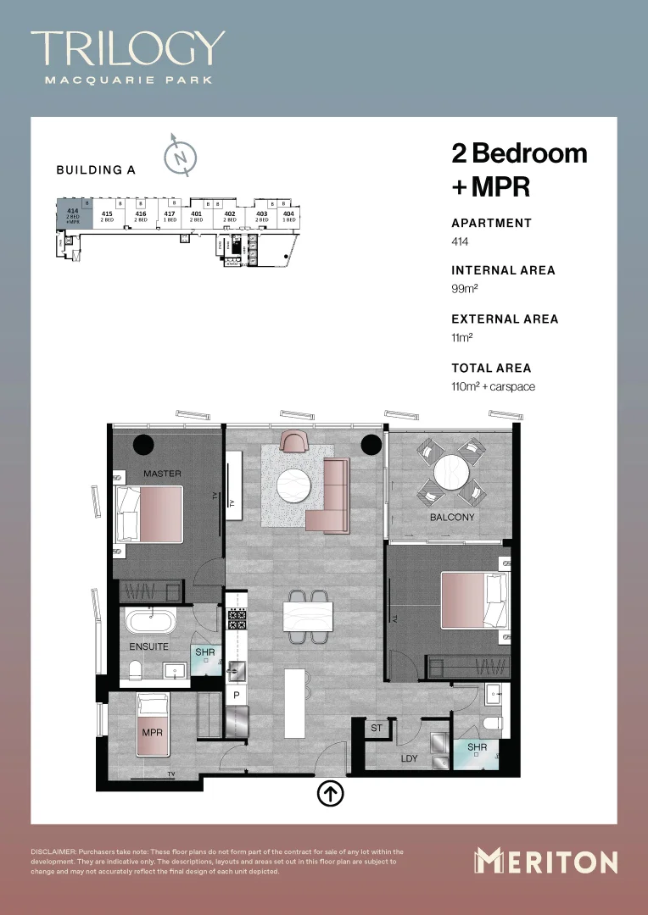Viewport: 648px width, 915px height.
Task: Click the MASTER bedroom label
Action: [x=162, y=474]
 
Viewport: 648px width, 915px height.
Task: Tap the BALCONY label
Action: [x=452, y=517]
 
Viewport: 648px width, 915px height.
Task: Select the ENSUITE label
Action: [x=149, y=646]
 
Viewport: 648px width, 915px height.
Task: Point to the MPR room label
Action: [x=153, y=731]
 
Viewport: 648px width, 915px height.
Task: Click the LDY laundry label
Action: [x=410, y=758]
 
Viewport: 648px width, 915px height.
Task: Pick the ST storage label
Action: [x=377, y=728]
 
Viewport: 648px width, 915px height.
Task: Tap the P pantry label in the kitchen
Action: [x=236, y=695]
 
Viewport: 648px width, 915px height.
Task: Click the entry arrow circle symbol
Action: [x=330, y=794]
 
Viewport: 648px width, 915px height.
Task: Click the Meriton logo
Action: [x=545, y=862]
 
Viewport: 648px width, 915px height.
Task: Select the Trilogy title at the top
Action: [x=128, y=48]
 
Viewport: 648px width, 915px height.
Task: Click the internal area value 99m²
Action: [x=462, y=289]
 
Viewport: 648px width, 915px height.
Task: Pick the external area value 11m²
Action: [x=461, y=337]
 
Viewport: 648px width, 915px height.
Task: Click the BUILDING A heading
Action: [x=96, y=169]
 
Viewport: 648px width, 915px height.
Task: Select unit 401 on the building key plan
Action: [x=196, y=214]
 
